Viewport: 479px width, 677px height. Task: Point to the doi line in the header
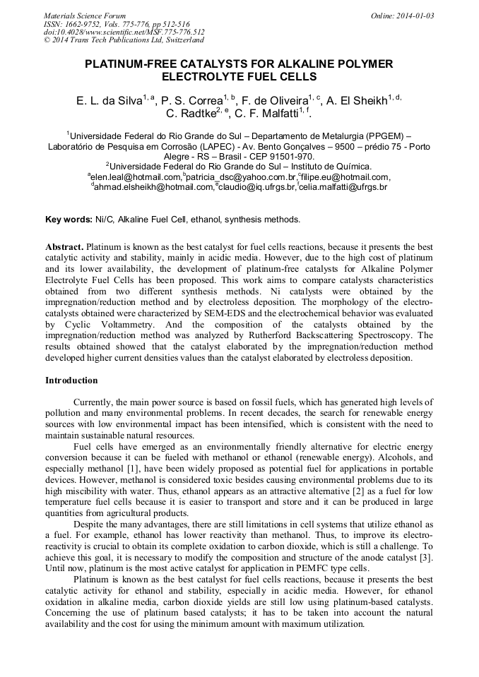click(x=124, y=32)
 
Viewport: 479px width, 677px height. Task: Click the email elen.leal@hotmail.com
click(x=136, y=177)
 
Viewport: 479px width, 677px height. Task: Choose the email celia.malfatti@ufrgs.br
click(x=345, y=187)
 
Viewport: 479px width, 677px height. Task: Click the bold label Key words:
click(x=69, y=220)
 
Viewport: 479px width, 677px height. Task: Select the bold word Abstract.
click(x=65, y=248)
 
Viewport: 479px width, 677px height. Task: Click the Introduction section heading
click(x=72, y=381)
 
